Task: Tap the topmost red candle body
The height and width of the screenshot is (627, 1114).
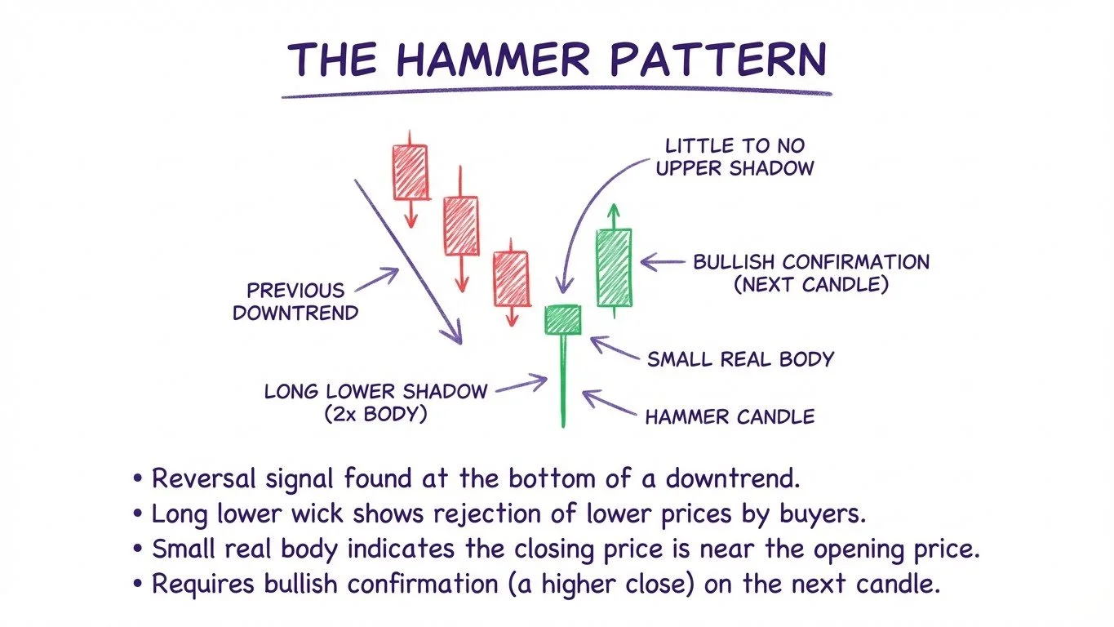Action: [410, 171]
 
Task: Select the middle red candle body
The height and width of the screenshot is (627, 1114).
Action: [460, 225]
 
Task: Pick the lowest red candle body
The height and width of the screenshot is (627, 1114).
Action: [511, 278]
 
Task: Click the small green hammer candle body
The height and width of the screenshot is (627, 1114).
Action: [562, 319]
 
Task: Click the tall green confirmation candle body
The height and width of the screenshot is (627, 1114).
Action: [613, 268]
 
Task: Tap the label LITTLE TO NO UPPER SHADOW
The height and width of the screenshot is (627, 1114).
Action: [735, 158]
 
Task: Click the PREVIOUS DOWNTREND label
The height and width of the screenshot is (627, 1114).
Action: [295, 301]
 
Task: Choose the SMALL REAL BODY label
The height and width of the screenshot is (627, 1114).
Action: [740, 359]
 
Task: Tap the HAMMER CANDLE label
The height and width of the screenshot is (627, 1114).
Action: [730, 417]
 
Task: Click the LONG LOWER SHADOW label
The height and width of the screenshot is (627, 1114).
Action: [375, 390]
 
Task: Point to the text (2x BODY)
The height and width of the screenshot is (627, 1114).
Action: [375, 413]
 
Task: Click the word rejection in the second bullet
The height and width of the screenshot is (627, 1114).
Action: [488, 514]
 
